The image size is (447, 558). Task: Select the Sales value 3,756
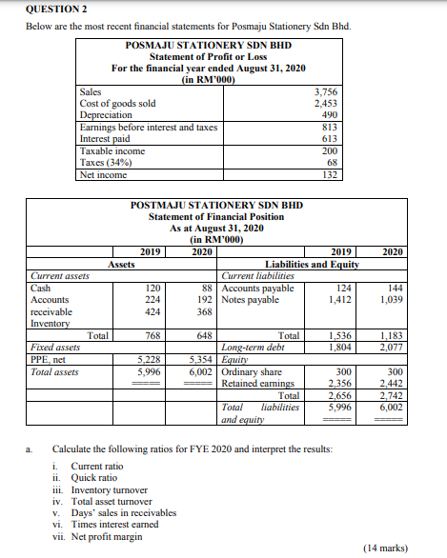(327, 92)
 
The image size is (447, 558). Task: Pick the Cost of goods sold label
(118, 104)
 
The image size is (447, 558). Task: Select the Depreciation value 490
(330, 115)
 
